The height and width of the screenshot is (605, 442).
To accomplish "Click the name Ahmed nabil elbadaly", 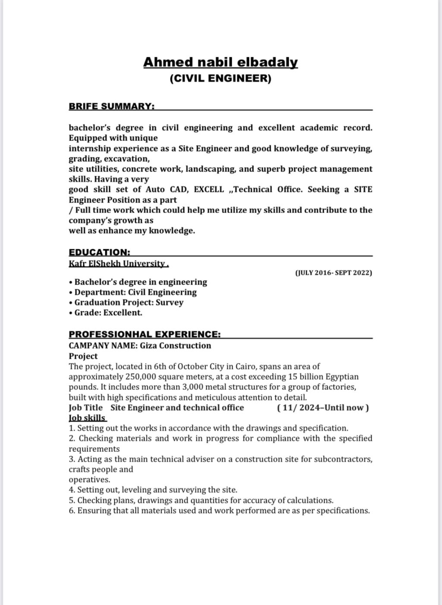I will point(220,63).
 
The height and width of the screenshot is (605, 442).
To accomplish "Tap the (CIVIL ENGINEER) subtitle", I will point(220,78).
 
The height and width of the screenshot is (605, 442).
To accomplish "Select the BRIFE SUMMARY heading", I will point(111,106).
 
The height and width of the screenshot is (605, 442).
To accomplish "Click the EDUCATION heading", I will point(99,252).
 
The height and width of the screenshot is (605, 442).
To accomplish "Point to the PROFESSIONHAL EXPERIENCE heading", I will point(145,335).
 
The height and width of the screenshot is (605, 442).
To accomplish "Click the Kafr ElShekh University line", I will point(118,263).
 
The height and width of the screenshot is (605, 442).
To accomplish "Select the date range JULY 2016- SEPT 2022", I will point(333,273).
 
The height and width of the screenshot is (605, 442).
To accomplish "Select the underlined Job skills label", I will point(88,418).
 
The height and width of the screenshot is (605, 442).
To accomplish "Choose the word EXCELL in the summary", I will point(209,190).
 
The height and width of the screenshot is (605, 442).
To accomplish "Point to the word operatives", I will point(89,480).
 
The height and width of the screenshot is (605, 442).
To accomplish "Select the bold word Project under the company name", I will point(83,356).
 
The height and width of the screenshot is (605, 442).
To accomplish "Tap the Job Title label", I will point(85,408).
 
